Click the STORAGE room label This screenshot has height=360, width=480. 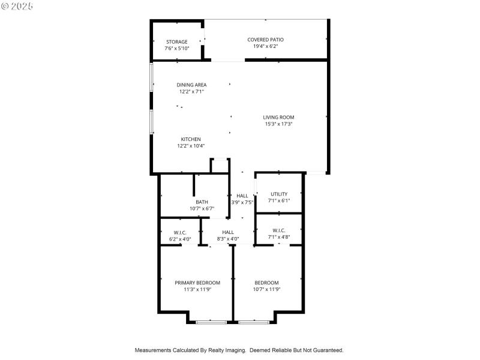[x=177, y=41]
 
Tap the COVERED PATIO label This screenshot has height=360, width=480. [x=265, y=40]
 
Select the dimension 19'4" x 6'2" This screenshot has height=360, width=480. [x=265, y=46]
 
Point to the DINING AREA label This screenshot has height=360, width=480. [x=191, y=85]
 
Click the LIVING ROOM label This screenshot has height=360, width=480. [x=278, y=117]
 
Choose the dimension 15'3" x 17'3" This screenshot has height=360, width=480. [x=278, y=124]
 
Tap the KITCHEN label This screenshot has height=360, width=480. [x=191, y=139]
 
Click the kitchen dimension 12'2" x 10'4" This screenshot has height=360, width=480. [x=191, y=146]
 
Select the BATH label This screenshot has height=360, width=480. [x=202, y=202]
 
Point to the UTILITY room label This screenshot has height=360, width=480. [x=278, y=194]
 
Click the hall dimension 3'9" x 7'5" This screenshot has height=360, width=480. [x=242, y=203]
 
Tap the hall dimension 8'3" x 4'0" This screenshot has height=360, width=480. [x=228, y=239]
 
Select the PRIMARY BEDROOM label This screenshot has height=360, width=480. [x=197, y=283]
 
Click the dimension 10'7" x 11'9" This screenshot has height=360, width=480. [x=266, y=289]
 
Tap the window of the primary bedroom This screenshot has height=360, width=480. [x=212, y=322]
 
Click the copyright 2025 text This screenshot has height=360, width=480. [x=18, y=5]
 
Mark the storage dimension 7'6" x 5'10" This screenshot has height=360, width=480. [x=177, y=48]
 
